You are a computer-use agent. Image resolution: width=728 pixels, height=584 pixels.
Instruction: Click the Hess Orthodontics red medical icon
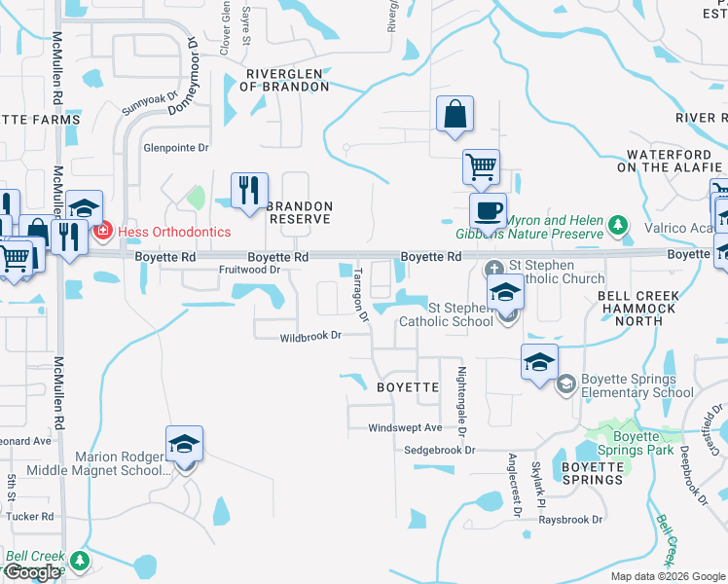coord(102,231)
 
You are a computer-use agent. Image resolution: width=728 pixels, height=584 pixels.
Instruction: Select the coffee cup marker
coord(488,209)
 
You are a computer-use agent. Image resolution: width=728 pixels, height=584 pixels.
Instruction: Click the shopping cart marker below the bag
coord(481,166)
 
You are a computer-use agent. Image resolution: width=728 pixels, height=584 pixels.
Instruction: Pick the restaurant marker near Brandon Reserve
coord(247,189)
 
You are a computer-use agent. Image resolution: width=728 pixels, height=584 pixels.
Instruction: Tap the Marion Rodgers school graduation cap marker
coord(184,444)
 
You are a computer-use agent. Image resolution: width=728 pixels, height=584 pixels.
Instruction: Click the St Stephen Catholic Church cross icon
coord(493,266)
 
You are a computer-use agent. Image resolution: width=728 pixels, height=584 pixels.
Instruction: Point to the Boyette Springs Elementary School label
coord(637,386)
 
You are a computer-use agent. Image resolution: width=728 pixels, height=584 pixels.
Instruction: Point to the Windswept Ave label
coord(405,427)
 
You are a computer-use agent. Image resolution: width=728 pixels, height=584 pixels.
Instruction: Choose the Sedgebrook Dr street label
coord(440,451)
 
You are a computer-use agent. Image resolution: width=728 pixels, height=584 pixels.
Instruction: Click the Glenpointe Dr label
coord(176,148)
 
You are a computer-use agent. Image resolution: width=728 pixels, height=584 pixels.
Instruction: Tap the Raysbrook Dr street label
coord(571,520)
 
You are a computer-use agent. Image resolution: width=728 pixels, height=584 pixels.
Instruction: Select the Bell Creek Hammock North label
coord(637,308)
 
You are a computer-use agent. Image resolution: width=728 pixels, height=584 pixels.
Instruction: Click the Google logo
coord(31,572)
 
